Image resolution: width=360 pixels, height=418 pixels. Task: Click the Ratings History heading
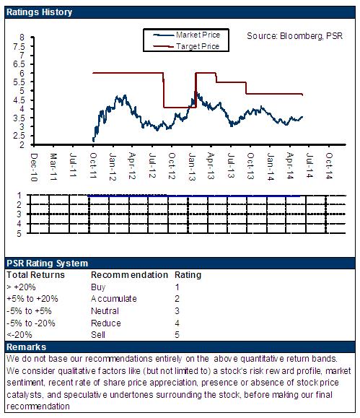(x=39, y=12)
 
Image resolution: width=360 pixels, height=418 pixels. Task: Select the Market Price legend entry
(x=187, y=35)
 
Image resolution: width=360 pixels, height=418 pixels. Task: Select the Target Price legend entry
(x=186, y=46)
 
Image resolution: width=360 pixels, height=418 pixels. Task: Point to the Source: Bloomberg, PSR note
(x=294, y=36)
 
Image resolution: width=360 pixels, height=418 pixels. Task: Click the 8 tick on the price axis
(x=22, y=38)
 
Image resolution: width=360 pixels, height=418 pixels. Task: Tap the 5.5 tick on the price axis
(x=19, y=82)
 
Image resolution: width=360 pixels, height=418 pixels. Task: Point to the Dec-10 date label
(x=34, y=167)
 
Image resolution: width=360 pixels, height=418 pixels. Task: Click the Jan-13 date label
(x=192, y=167)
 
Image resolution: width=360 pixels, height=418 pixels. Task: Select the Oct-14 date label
(x=330, y=165)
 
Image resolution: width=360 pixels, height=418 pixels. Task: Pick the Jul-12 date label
(x=152, y=165)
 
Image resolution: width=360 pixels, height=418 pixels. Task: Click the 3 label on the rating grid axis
(x=19, y=214)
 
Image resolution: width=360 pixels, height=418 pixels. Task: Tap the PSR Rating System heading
(x=47, y=264)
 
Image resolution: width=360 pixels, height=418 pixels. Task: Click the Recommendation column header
(x=129, y=275)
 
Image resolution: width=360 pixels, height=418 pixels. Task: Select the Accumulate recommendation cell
(x=114, y=299)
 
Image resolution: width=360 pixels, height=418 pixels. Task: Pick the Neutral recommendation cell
(x=105, y=311)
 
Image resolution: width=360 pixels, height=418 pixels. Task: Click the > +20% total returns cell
(x=21, y=287)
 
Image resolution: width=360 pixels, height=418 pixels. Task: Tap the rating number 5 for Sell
(x=177, y=335)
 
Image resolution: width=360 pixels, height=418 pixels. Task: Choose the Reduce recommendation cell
(x=106, y=323)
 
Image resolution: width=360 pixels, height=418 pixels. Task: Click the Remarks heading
(x=26, y=347)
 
